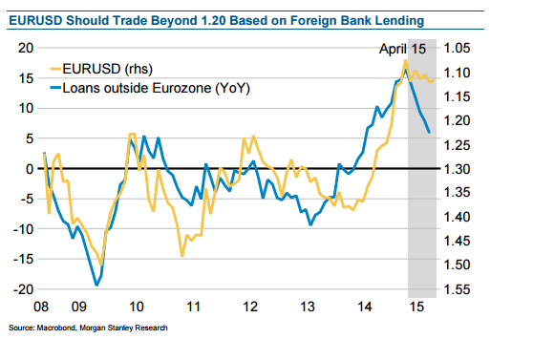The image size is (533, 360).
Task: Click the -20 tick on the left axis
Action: pyautogui.click(x=24, y=289)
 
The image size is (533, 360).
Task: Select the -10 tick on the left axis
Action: pyautogui.click(x=24, y=229)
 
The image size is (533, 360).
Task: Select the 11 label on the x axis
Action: pyautogui.click(x=193, y=309)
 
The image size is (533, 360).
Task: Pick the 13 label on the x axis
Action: pyautogui.click(x=308, y=309)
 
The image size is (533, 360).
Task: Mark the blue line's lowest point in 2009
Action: pyautogui.click(x=96, y=284)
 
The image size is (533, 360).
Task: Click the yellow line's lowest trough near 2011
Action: pyautogui.click(x=181, y=255)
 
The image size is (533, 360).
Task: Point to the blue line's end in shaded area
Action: pyautogui.click(x=429, y=132)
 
